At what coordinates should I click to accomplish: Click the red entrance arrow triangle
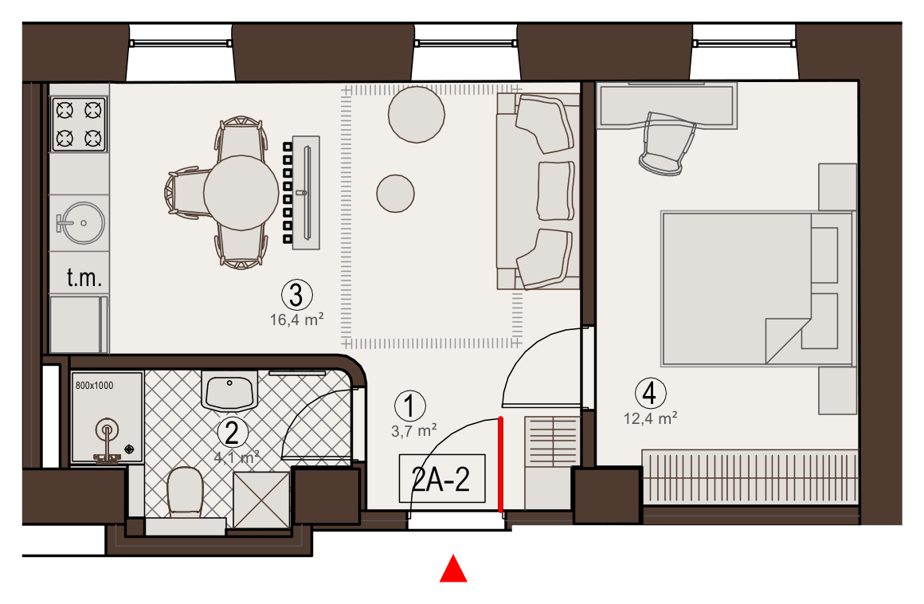pos(453,569)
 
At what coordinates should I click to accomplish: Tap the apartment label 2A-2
pos(441,478)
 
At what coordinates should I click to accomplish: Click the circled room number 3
pos(296,295)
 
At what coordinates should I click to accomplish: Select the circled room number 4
pos(650,393)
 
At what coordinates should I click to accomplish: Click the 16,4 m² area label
pos(297,320)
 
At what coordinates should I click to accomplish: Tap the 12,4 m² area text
pos(651,418)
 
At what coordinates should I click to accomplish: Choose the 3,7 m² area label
pos(414,431)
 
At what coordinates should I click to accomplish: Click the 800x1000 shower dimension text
pos(94,386)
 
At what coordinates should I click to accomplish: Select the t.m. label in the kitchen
pos(84,277)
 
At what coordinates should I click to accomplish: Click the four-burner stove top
pos(79,124)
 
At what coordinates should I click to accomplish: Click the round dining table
pos(241,193)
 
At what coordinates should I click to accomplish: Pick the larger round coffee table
pos(416,114)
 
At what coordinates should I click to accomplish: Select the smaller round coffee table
pos(395,194)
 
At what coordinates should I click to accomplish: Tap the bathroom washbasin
pos(230,390)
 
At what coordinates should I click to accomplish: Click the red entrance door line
pos(501,465)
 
